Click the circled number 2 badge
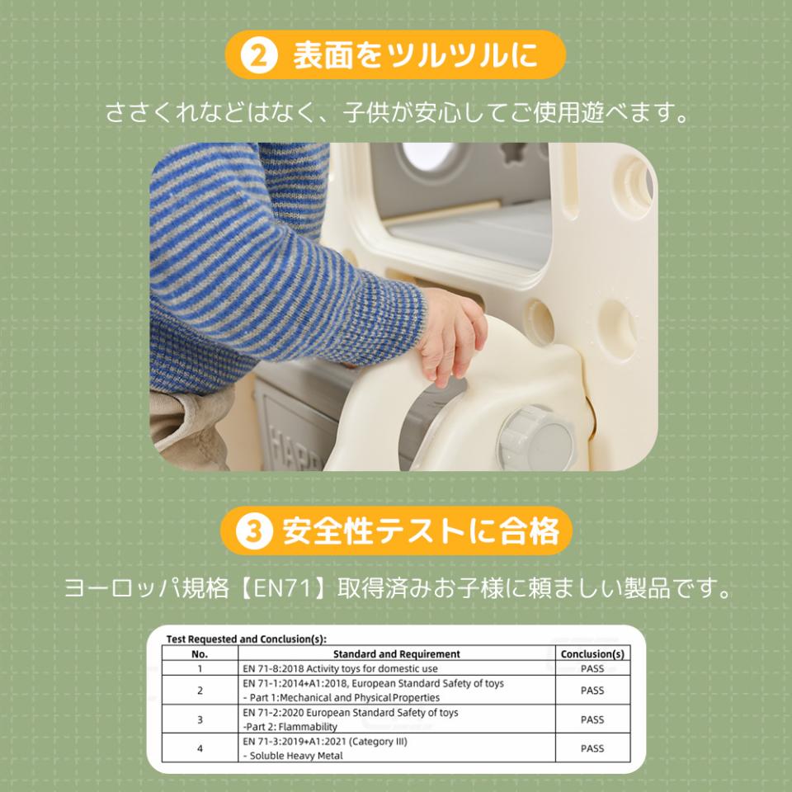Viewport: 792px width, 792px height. coord(258,55)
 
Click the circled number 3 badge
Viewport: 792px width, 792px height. coord(254,530)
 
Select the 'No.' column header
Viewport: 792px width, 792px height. coord(200,654)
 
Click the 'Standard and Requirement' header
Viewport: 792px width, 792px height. coord(397,654)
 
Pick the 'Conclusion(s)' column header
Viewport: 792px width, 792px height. coord(592,654)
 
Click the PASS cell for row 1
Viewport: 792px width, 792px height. coord(592,669)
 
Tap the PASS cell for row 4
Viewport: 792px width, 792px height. coord(592,748)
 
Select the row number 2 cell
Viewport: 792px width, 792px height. coord(200,691)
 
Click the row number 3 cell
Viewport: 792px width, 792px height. coord(200,719)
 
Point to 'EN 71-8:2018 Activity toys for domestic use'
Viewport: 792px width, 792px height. coord(340,669)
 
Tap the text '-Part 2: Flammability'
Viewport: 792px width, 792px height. coord(290,727)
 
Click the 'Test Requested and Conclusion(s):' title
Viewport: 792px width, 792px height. coord(247,639)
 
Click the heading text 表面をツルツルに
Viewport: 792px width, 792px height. coord(415,55)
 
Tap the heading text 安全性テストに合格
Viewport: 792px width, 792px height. coord(421,530)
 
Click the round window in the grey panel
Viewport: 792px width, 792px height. coord(429,156)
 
